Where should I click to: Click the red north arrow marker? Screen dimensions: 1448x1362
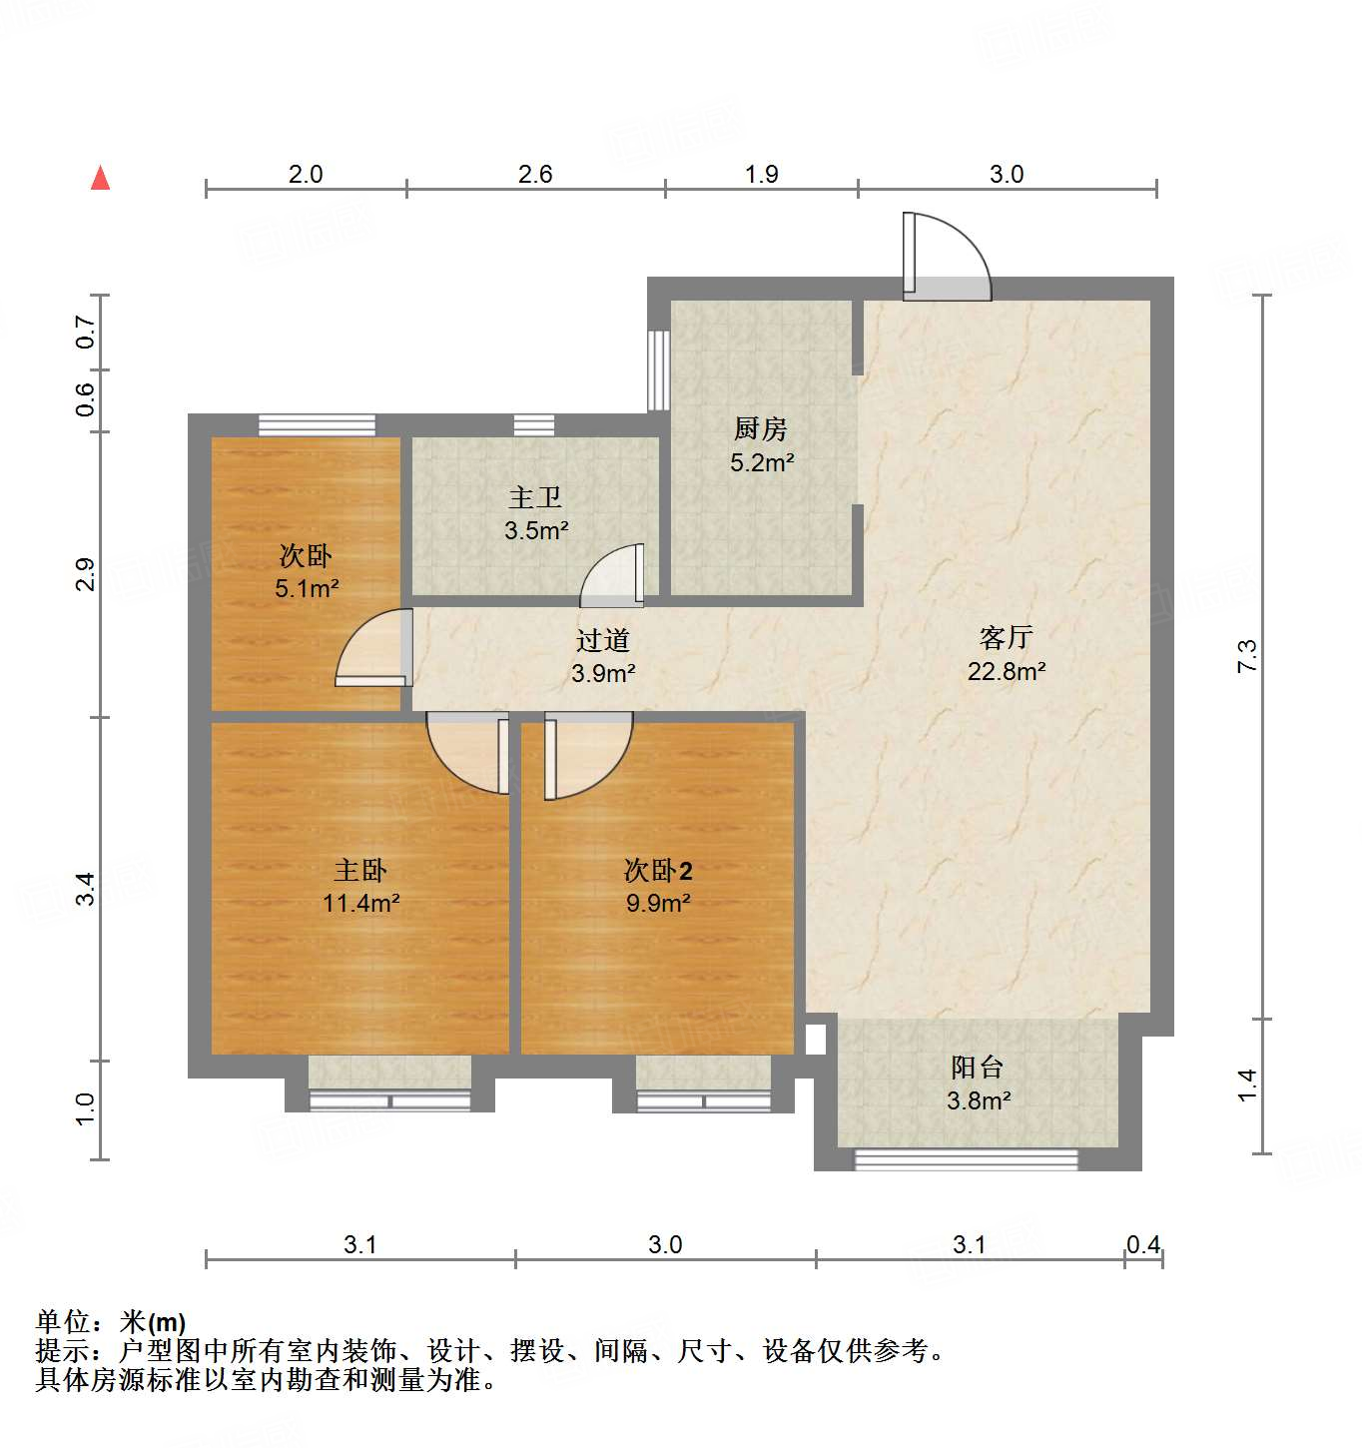pos(100,179)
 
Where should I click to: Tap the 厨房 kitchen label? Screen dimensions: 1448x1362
pos(761,429)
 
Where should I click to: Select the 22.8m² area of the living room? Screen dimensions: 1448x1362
pos(1006,671)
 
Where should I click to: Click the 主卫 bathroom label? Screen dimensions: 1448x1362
pos(535,497)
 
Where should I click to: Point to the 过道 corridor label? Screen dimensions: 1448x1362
pos(603,640)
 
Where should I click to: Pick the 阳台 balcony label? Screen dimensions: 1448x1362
pos(977,1068)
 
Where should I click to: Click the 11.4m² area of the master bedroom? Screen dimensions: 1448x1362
pos(360,904)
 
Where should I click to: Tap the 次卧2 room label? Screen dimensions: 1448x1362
pos(658,871)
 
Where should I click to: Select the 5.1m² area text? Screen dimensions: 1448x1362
pos(307,589)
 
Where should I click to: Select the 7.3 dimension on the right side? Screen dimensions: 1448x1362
pos(1248,655)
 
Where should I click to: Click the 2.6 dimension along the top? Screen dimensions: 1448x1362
pos(535,175)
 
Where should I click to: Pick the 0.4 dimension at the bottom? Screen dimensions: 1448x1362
pos(1143,1245)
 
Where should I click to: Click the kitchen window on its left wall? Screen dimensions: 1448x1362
pos(658,369)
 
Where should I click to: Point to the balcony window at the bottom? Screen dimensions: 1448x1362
pos(966,1159)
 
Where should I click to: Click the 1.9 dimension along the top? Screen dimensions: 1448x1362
pos(761,175)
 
